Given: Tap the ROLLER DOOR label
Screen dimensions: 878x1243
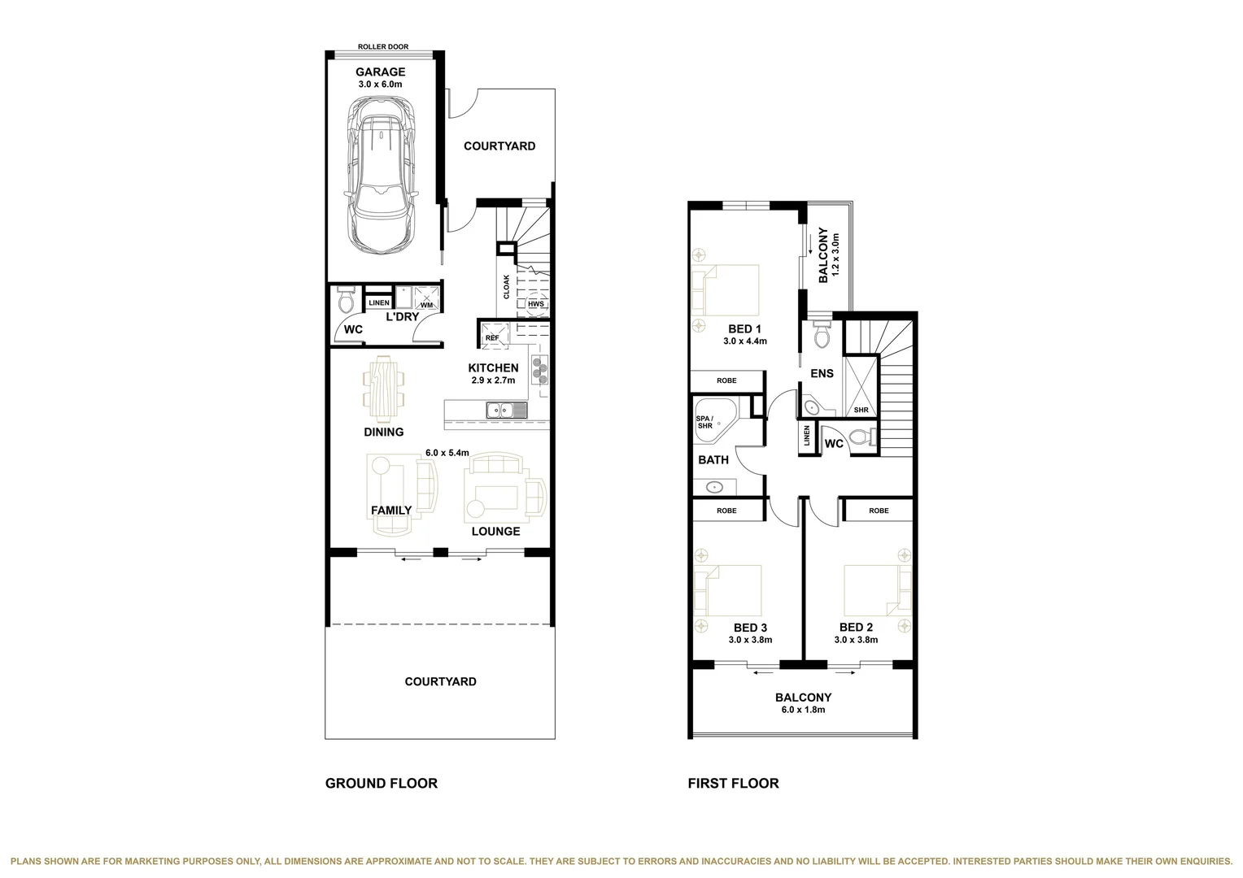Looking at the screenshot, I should point(383,47).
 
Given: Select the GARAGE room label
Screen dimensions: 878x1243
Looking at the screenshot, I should point(380,72).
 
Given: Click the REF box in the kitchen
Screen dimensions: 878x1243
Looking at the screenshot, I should point(492,336).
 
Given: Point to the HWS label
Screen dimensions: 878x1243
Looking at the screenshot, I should point(535,304).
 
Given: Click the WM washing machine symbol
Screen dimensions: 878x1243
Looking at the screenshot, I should point(426,298).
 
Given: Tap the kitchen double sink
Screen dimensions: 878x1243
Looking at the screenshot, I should point(507,411).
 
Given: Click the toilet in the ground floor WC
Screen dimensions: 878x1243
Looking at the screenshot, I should point(345,302).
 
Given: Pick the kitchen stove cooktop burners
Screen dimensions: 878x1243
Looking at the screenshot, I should point(539,370).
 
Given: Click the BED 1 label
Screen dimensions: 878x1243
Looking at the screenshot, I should point(744,329).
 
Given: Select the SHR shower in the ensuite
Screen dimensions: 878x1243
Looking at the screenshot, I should point(860,386).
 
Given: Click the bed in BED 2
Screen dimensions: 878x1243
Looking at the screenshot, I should point(877,590).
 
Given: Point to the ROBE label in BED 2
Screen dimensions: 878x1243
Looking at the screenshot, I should point(879,511).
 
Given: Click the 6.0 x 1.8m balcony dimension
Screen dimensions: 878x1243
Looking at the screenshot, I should point(803,710).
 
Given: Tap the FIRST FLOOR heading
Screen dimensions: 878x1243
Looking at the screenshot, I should point(733,784).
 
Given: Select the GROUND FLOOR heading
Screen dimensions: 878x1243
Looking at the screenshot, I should point(381,784).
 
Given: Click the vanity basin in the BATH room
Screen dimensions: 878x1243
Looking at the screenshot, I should point(714,488).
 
